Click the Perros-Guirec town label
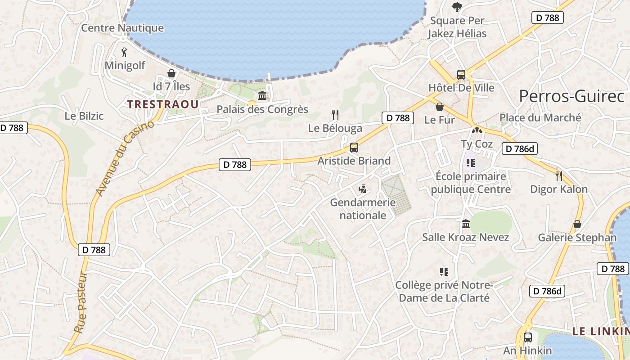(571, 96)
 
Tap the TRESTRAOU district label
(162, 104)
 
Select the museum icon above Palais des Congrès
(262, 96)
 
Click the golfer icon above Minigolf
(125, 52)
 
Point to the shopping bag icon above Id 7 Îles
(171, 73)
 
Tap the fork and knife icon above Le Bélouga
(335, 115)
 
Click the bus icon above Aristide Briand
(354, 148)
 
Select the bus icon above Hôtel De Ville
(461, 75)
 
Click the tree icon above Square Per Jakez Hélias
(457, 7)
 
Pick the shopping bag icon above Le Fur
(440, 107)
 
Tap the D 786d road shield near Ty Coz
(520, 149)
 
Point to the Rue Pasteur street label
(80, 302)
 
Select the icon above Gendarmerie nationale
(362, 189)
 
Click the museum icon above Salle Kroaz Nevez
(466, 224)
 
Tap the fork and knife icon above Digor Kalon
(559, 175)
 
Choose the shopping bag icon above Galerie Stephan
(577, 224)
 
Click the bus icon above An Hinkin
(528, 337)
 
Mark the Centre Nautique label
(122, 28)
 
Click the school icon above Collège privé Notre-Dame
(444, 271)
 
